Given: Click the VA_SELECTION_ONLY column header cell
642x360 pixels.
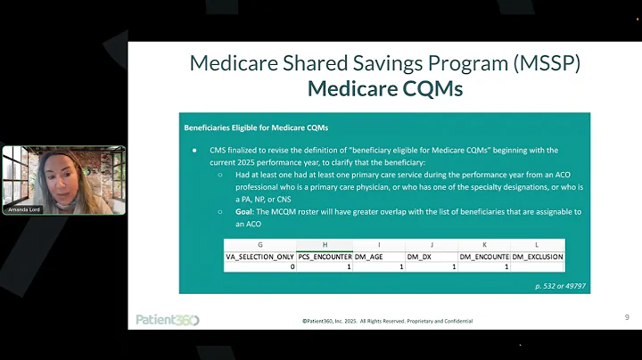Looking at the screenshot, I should pyautogui.click(x=260, y=256).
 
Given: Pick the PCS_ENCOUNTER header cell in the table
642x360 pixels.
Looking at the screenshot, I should pyautogui.click(x=325, y=256).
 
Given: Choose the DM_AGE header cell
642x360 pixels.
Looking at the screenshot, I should pyautogui.click(x=379, y=256).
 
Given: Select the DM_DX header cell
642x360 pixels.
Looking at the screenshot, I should pyautogui.click(x=432, y=256).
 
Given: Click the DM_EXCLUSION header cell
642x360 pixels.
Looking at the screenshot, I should pyautogui.click(x=538, y=256).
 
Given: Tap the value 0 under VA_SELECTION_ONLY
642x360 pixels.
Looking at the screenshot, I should pyautogui.click(x=291, y=266).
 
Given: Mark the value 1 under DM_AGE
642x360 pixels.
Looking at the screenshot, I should pyautogui.click(x=401, y=266).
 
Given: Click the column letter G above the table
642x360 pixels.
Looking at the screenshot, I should pyautogui.click(x=260, y=244).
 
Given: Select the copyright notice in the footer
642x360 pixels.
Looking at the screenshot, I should pyautogui.click(x=387, y=321).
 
